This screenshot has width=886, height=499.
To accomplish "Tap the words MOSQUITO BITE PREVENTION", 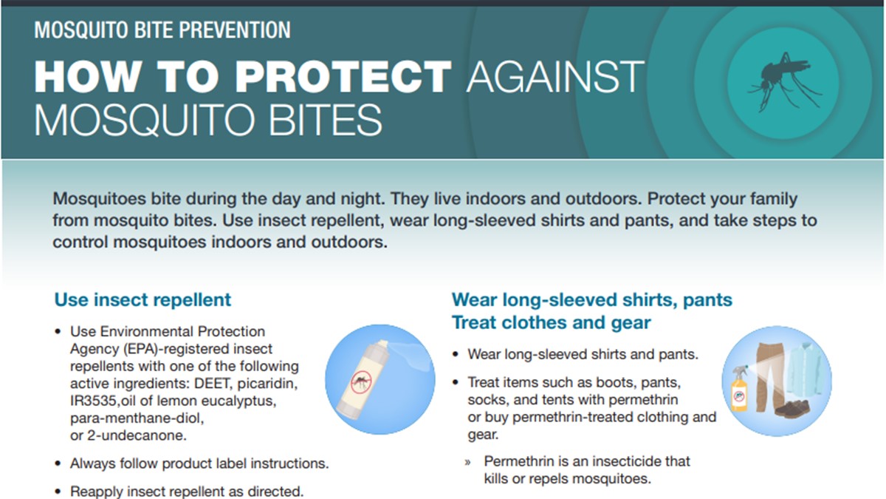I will coord(162,30).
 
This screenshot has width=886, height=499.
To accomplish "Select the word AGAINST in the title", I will coord(555,76).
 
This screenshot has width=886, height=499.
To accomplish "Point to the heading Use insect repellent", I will coord(142,300).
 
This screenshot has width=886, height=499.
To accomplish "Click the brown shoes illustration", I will coord(791,409).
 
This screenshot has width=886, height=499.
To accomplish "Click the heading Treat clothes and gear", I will coord(551,323).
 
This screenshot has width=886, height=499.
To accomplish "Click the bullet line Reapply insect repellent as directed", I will coord(186,492).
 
